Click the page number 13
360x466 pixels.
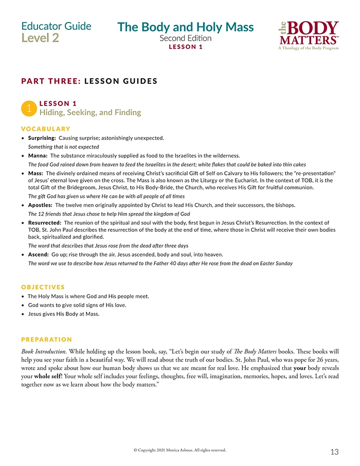pyautogui.click(x=334, y=452)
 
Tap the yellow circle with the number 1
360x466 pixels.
pyautogui.click(x=29, y=107)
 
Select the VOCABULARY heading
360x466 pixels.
pyautogui.click(x=46, y=129)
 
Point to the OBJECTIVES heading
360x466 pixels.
pyautogui.click(x=43, y=287)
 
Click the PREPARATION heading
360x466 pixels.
pyautogui.click(x=47, y=339)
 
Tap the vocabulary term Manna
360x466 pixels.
pyautogui.click(x=38, y=155)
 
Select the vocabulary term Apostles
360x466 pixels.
pyautogui.click(x=41, y=205)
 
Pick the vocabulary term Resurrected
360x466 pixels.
pyautogui.click(x=44, y=222)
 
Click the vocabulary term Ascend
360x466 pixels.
pyautogui.click(x=39, y=255)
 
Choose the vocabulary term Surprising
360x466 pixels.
pyautogui.click(x=42, y=138)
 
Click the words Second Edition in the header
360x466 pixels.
pyautogui.click(x=185, y=38)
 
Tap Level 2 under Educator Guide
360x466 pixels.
pyautogui.click(x=40, y=38)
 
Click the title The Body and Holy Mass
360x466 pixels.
pyautogui.click(x=186, y=27)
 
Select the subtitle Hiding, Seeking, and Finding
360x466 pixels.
pyautogui.click(x=90, y=112)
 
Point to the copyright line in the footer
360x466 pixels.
pyautogui.click(x=179, y=450)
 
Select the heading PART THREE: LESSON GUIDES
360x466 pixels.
pyautogui.click(x=89, y=81)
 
